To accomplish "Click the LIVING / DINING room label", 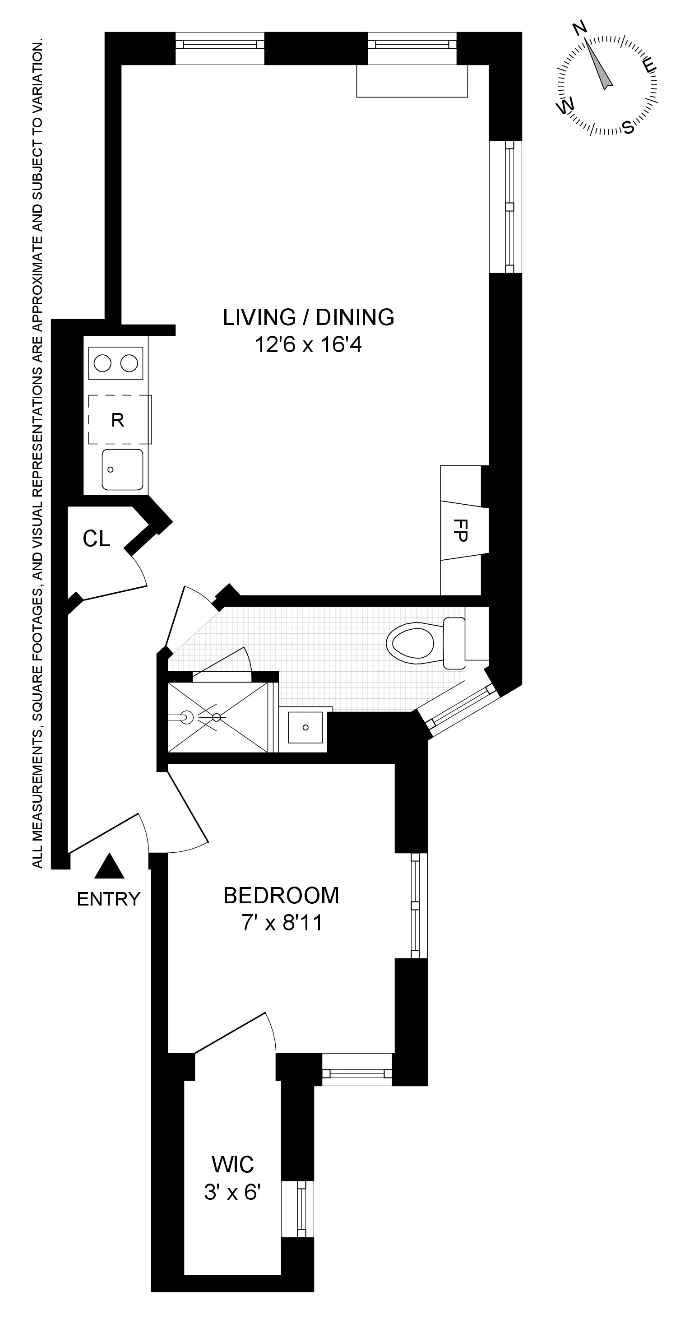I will point(308,317).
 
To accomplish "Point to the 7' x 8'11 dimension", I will point(282,923).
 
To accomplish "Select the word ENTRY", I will point(108,899).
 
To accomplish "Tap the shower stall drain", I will point(216,717).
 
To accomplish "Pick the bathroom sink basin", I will point(305,727).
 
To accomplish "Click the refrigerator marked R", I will point(118,420).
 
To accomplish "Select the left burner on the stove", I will point(103,363).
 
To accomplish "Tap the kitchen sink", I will point(122,469).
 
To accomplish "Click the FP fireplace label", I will point(461,530).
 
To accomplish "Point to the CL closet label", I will point(97,539).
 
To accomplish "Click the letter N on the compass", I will point(580,29).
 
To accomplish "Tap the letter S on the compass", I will point(628,126).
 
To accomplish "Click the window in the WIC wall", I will point(301,1209).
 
